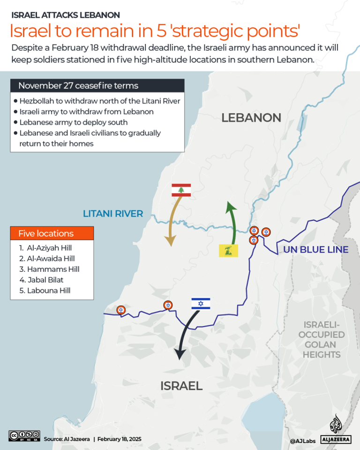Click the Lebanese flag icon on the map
point(181,190)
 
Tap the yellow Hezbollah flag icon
point(229,250)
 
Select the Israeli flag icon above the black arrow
point(201,304)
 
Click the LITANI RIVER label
point(113,214)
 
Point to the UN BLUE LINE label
point(316,249)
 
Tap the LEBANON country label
point(251,118)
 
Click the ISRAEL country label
point(181,386)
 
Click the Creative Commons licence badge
point(24,435)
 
